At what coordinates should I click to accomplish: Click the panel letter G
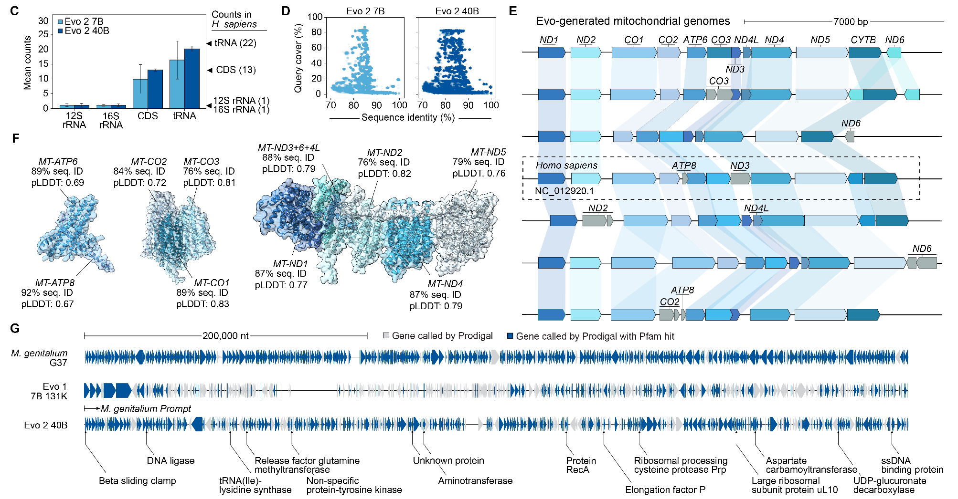click(15, 328)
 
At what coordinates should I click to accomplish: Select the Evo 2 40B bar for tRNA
click(192, 79)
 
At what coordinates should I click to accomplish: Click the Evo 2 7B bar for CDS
click(140, 94)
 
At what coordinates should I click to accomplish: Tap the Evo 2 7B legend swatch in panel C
click(60, 22)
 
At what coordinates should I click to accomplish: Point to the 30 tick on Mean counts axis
click(43, 21)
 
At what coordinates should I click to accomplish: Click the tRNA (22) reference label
click(235, 43)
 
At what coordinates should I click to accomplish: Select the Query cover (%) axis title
click(298, 58)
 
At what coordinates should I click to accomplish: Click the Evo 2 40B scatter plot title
click(457, 11)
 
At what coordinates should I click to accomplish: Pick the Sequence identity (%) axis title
click(408, 117)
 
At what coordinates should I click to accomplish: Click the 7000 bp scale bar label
click(851, 22)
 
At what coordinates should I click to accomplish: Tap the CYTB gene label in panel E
click(863, 40)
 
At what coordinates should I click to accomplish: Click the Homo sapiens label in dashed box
click(566, 166)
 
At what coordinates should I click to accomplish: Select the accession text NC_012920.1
click(564, 191)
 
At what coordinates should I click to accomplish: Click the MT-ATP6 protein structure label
click(58, 162)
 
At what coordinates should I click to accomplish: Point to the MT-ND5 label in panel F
click(488, 152)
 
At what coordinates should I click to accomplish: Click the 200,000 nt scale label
click(225, 336)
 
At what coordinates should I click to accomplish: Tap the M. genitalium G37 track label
click(39, 358)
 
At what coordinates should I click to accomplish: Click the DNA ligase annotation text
click(170, 461)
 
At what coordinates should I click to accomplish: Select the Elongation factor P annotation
click(665, 489)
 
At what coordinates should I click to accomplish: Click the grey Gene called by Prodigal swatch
click(386, 336)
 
